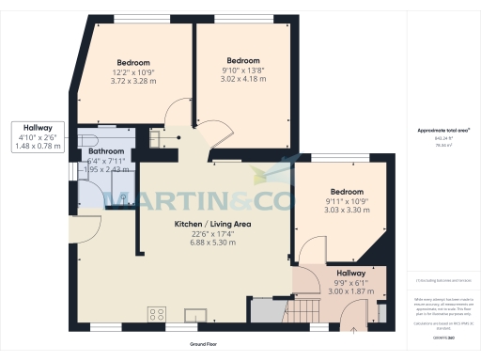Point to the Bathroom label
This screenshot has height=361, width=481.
104,151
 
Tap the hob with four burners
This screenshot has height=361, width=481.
156,314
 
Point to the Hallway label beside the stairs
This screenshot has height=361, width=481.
352,274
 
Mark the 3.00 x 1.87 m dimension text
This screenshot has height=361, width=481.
352,291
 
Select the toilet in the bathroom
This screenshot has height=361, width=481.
124,197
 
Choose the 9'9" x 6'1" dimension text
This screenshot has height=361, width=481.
352,283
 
